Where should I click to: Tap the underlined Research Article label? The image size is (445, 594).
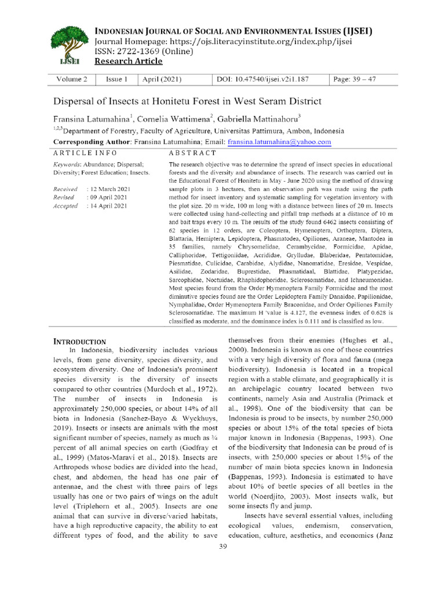tap(129, 61)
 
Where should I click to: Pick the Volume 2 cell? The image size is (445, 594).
tap(72, 79)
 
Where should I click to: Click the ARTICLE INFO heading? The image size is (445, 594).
tap(85, 153)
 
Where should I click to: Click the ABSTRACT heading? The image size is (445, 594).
tap(192, 153)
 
